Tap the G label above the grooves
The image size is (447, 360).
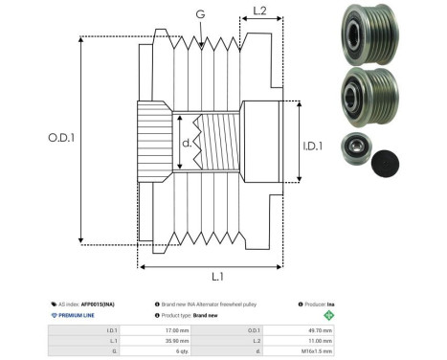point(199,13)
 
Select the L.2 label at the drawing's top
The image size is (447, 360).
point(259,12)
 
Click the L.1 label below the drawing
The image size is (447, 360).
point(216,276)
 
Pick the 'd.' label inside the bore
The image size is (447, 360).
point(187,144)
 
